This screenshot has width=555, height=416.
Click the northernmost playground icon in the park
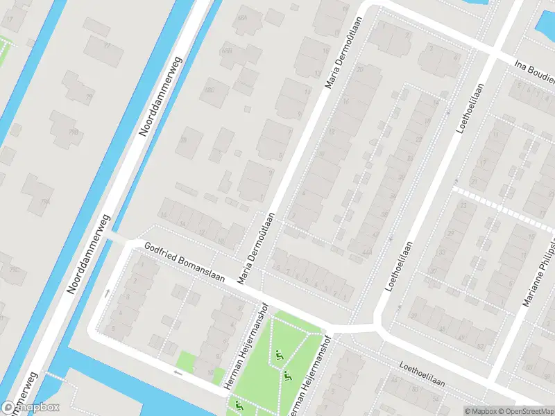[x=280, y=356]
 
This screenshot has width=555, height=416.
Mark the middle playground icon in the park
[x=287, y=376]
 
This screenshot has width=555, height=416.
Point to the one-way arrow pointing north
[x=107, y=293]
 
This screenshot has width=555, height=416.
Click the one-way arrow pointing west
[x=178, y=373]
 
